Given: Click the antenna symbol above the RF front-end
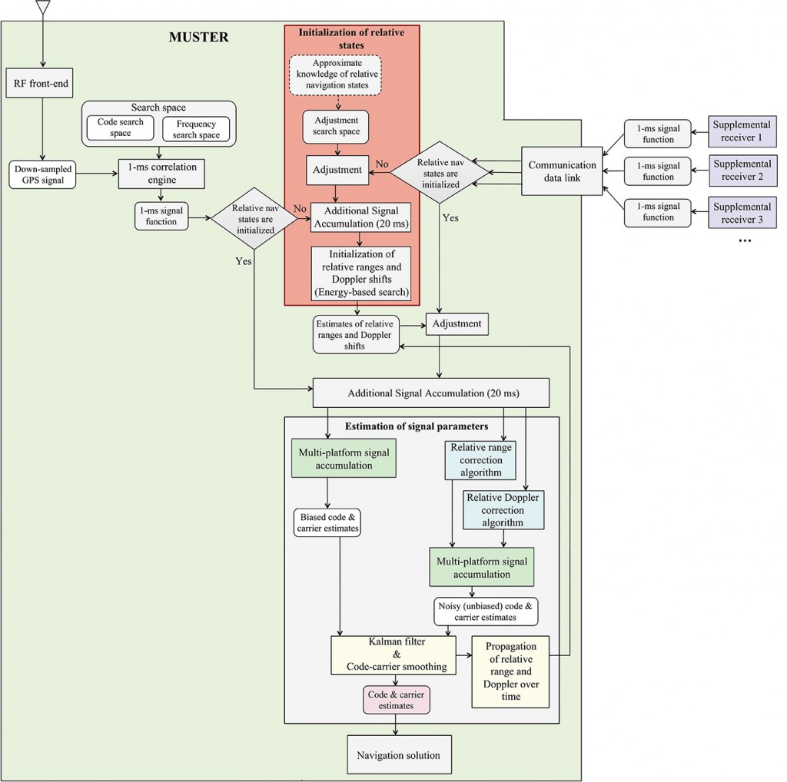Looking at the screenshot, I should click(43, 8).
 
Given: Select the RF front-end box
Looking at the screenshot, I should click(43, 82).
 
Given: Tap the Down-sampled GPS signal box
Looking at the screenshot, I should click(43, 174).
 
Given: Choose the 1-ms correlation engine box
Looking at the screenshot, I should click(161, 173).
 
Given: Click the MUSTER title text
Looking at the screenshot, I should click(198, 37).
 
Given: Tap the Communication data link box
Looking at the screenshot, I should click(563, 171).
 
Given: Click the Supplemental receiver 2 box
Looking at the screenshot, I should click(741, 171).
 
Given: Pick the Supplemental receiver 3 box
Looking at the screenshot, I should click(741, 212).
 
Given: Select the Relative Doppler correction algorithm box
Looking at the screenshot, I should click(503, 509).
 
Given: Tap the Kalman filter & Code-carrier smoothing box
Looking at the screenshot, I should click(393, 654).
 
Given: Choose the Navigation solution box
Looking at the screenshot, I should click(398, 755).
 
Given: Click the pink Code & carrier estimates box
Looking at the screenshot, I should click(396, 700).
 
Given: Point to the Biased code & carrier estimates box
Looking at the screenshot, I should click(327, 522).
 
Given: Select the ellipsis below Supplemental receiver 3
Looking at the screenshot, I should click(743, 240).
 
